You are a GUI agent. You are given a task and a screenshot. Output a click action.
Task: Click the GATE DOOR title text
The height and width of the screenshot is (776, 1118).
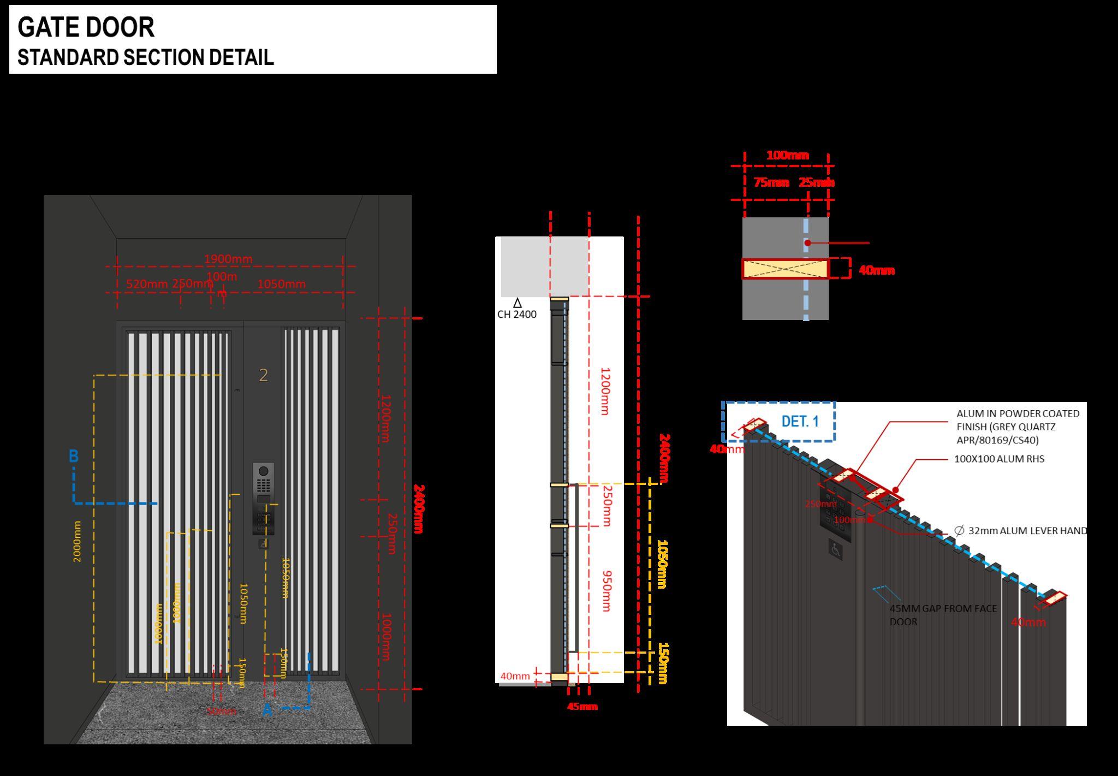pyautogui.click(x=86, y=27)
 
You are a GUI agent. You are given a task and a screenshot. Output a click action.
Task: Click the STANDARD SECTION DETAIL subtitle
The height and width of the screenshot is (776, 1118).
pyautogui.click(x=145, y=57)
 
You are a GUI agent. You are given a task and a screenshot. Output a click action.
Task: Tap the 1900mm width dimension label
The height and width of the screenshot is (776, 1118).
pyautogui.click(x=228, y=259)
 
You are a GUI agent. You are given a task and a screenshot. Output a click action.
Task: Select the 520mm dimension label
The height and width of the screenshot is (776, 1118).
pyautogui.click(x=147, y=284)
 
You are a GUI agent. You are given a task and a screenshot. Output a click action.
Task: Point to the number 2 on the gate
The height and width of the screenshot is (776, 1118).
pyautogui.click(x=263, y=375)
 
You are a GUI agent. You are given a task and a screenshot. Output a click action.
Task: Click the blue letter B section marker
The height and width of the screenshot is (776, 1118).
pyautogui.click(x=74, y=456)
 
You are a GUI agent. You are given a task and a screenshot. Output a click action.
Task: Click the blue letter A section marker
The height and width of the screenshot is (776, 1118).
pyautogui.click(x=267, y=710)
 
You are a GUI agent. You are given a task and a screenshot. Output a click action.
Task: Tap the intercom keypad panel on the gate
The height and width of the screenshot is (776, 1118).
pyautogui.click(x=263, y=498)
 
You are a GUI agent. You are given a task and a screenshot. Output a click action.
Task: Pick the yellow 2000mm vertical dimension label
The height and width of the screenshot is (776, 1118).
pyautogui.click(x=77, y=541)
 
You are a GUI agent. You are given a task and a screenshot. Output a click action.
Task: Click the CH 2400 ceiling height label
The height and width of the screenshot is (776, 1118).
pyautogui.click(x=516, y=315)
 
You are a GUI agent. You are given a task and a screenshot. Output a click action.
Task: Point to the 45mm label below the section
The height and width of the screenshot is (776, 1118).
pyautogui.click(x=582, y=707)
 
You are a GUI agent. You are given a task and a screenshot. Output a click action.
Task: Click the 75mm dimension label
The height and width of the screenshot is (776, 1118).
pyautogui.click(x=771, y=182)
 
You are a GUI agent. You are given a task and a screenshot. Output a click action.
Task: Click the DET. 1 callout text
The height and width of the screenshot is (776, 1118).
pyautogui.click(x=800, y=422)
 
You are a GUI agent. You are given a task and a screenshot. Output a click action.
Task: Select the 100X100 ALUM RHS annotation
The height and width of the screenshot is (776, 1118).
pyautogui.click(x=999, y=459)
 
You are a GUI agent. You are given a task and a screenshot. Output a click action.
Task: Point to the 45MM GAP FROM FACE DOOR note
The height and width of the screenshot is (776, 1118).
pyautogui.click(x=943, y=615)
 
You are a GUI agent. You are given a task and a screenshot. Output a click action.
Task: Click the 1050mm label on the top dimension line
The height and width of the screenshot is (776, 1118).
pyautogui.click(x=281, y=284)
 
